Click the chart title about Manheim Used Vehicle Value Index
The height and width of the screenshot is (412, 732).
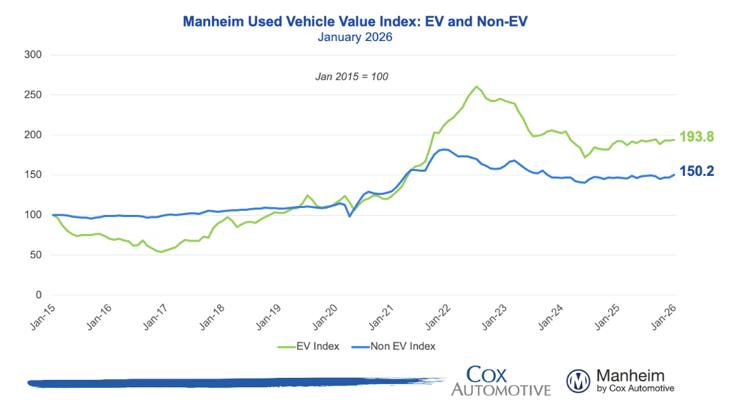[x=355, y=22]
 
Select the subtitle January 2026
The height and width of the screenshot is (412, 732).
[x=355, y=37]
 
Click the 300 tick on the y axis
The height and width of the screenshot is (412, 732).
[x=33, y=55]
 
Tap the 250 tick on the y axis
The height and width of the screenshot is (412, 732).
[x=33, y=95]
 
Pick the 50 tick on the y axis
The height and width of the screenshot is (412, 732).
[x=36, y=255]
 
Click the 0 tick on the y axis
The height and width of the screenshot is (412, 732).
[x=38, y=295]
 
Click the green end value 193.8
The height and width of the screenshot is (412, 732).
[x=696, y=138]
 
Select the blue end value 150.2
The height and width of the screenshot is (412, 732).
[x=696, y=171]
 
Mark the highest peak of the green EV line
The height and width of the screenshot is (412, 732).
[x=476, y=87]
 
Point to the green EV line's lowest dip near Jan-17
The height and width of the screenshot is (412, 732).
[x=161, y=252]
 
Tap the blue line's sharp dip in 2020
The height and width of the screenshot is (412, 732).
[x=350, y=216]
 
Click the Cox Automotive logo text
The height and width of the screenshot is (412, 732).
[x=500, y=381]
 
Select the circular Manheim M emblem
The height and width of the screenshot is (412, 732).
[x=578, y=381]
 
